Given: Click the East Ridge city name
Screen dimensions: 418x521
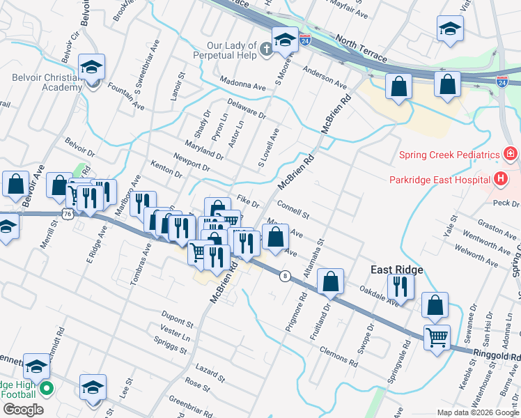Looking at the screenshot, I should [x=396, y=270].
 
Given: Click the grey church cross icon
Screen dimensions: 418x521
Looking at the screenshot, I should [x=267, y=47].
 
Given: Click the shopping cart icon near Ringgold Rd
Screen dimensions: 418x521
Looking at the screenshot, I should [x=437, y=338].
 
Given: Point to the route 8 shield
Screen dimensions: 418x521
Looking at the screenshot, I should [x=284, y=277].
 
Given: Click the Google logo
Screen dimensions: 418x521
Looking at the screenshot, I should [x=22, y=409].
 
